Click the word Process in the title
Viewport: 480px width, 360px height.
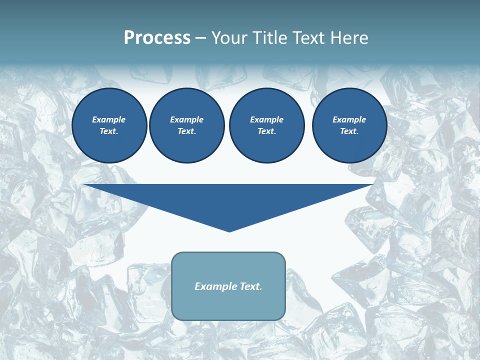tap(157, 38)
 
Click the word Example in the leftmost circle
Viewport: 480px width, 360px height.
tap(109, 120)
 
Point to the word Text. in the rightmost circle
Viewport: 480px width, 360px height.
tap(349, 131)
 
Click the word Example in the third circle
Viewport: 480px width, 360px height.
tap(266, 120)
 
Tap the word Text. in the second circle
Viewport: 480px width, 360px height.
tap(186, 131)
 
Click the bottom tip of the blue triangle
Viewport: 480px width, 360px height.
tap(229, 230)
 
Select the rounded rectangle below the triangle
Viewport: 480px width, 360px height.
tap(228, 305)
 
